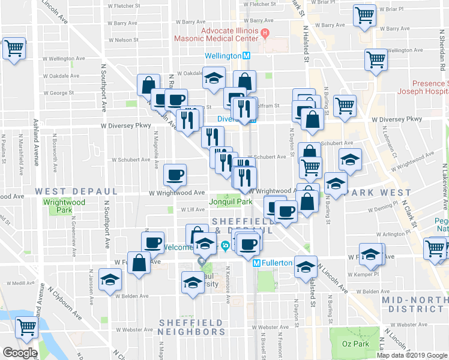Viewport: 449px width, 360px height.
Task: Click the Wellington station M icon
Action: (246, 55)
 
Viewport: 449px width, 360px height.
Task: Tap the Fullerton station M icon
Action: (256, 263)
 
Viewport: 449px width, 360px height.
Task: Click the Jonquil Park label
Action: (231, 202)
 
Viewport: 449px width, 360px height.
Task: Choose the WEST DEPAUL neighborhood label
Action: (76, 191)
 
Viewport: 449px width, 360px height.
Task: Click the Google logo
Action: (20, 353)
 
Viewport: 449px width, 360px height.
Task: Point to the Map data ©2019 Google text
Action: (411, 355)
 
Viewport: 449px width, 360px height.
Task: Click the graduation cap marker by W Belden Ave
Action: (110, 281)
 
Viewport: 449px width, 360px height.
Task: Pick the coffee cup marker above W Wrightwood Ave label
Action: (175, 175)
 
